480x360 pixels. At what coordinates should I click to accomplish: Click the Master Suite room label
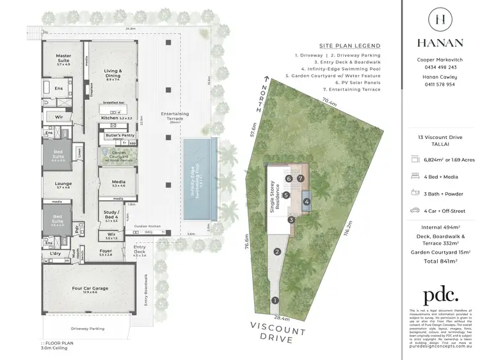coord(63,58)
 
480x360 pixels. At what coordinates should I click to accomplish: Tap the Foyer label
coord(105,252)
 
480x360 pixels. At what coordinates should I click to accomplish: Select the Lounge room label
coord(63,184)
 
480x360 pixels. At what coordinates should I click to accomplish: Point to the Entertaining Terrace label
coord(175,115)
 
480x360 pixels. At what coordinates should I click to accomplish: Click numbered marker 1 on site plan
coord(275,300)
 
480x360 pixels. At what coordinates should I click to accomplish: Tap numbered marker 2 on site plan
coord(277,252)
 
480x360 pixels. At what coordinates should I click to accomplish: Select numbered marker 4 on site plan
coord(307,202)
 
